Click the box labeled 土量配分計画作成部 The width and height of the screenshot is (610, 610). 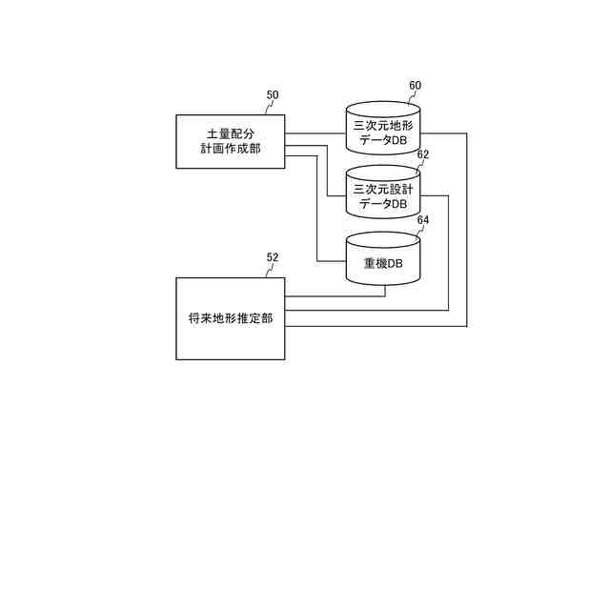point(230,141)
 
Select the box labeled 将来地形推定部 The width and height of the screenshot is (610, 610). point(230,318)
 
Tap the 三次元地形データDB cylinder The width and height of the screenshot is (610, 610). point(382,133)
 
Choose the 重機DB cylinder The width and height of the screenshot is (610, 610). point(382,259)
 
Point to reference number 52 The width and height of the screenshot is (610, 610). point(273,257)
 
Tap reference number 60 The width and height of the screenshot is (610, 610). point(415,85)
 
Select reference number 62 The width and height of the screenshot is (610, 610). point(423,154)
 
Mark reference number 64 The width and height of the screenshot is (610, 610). point(423,220)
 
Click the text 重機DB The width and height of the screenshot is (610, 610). point(382,263)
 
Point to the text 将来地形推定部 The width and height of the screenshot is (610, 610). point(230,318)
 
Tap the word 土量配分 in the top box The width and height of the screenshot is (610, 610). point(230,132)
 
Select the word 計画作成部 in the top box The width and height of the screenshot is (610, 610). point(230,149)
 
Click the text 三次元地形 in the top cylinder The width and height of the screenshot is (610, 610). point(382,125)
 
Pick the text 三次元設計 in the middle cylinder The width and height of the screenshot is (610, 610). point(382,188)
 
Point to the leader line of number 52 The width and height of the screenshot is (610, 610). point(267,270)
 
